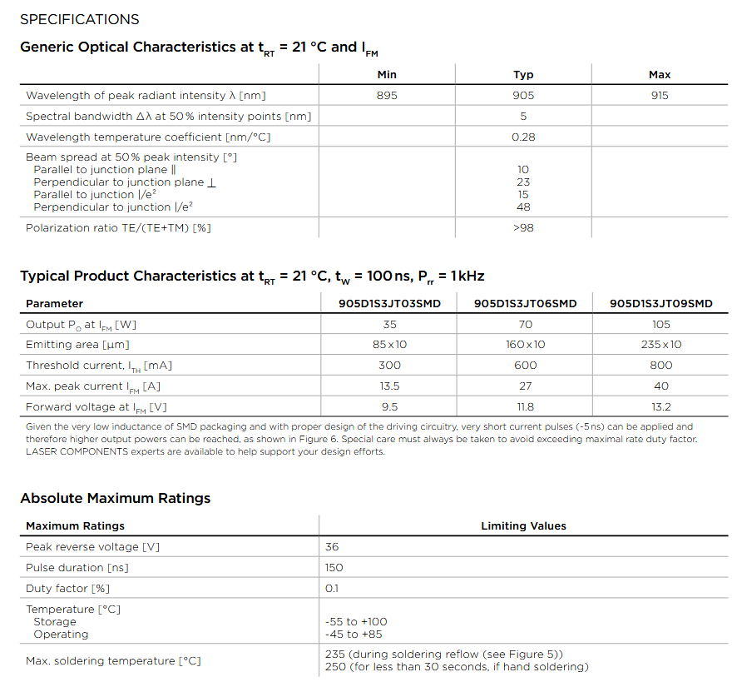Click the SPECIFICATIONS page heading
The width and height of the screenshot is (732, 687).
(x=80, y=19)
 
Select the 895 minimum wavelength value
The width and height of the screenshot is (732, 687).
(x=387, y=96)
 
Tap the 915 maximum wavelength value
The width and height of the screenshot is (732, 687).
(x=660, y=96)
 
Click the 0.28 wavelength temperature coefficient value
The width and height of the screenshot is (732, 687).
(x=523, y=137)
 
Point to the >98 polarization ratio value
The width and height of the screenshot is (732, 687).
(x=523, y=227)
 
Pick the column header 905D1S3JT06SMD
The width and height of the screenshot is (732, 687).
(x=525, y=304)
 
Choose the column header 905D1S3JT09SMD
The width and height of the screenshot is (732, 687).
(x=660, y=304)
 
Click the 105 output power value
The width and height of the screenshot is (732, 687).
(x=660, y=324)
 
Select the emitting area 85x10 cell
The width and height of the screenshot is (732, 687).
(x=389, y=345)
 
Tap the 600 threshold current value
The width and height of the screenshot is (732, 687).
(x=525, y=366)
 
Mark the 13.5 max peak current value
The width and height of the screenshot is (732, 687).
(x=389, y=386)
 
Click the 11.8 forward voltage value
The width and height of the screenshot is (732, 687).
(x=525, y=407)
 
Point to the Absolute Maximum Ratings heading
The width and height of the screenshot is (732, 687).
(x=116, y=498)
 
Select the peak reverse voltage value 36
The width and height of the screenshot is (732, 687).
(x=332, y=547)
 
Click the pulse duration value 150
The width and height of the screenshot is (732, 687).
(x=335, y=568)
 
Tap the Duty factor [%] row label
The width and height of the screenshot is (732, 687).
(x=68, y=589)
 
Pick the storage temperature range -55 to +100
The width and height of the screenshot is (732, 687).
(x=356, y=622)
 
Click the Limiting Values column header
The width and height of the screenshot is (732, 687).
(x=523, y=526)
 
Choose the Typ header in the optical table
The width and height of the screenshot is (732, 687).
(x=523, y=75)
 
